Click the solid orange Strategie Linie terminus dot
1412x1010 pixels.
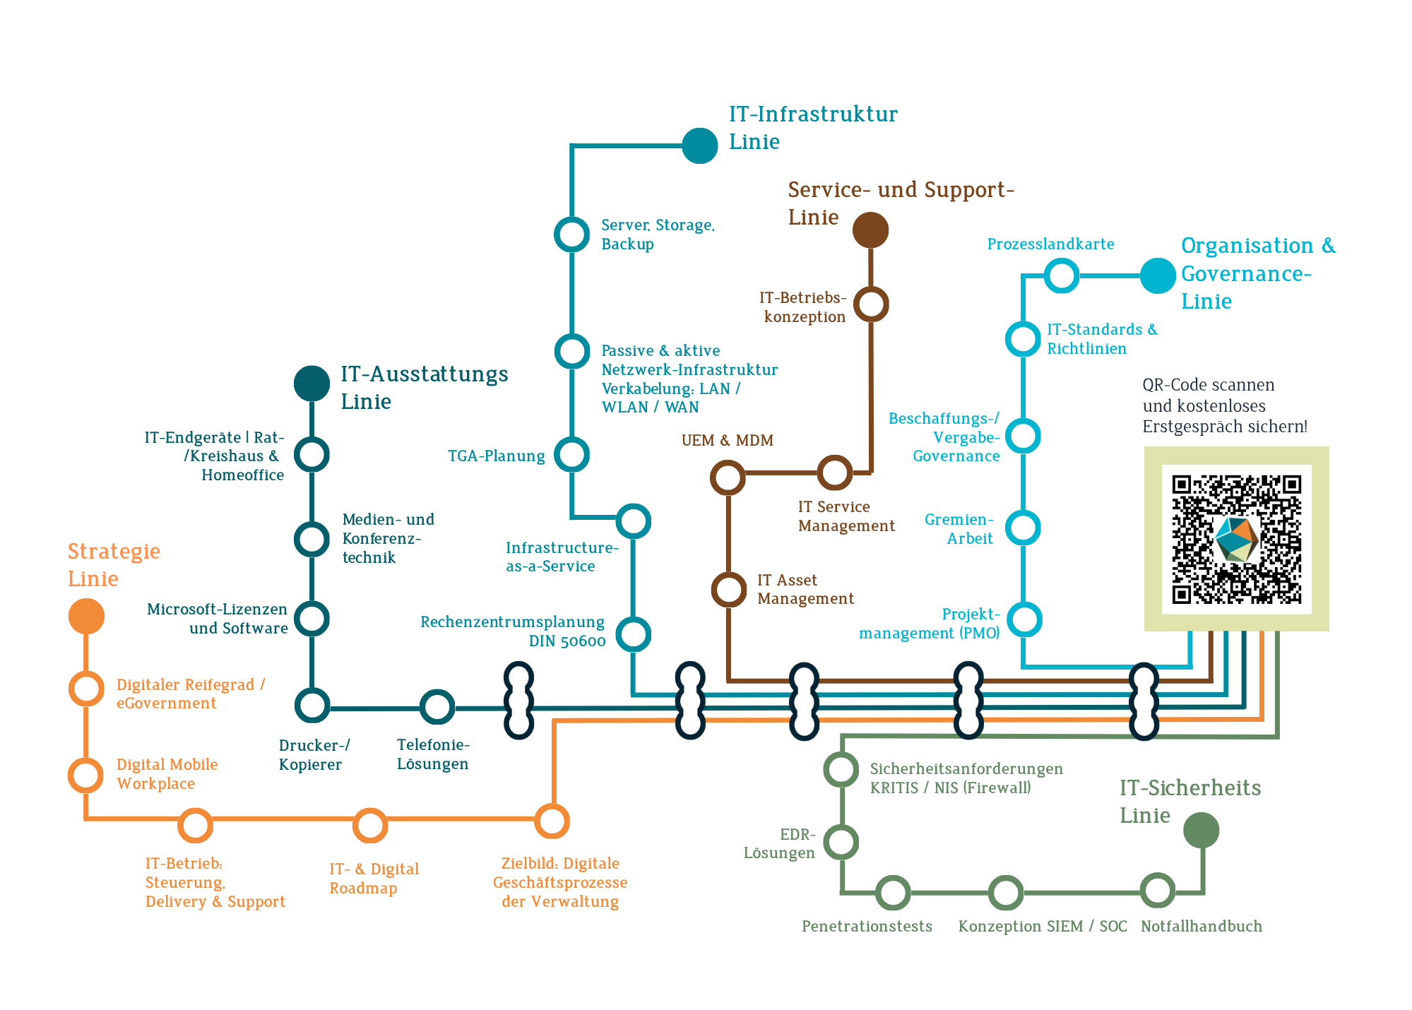click(86, 616)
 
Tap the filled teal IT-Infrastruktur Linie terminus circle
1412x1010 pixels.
click(699, 145)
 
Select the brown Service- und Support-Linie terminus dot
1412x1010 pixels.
click(870, 230)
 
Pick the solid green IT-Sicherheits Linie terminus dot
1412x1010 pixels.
click(1201, 830)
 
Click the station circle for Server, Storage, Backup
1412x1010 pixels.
click(571, 234)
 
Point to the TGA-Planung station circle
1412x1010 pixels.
click(571, 454)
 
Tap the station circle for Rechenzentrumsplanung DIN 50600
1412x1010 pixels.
click(633, 634)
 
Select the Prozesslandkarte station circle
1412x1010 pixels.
click(1061, 275)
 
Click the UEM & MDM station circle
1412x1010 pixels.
click(728, 477)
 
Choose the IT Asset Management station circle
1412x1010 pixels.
click(728, 590)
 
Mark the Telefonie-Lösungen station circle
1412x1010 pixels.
click(437, 707)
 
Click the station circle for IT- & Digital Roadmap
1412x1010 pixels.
click(369, 825)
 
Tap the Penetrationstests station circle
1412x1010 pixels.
click(893, 893)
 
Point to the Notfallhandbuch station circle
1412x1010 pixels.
click(1158, 890)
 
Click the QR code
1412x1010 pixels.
click(1236, 539)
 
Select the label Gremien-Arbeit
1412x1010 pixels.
click(959, 529)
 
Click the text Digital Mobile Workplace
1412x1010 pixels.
click(167, 774)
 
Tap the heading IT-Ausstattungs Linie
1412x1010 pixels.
click(424, 387)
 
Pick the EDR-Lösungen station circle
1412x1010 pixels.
click(841, 842)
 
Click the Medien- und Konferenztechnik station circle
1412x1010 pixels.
click(312, 540)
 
